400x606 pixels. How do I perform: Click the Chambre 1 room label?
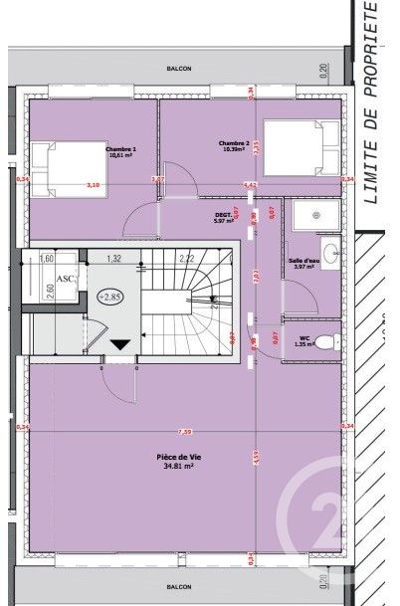coord(120,151)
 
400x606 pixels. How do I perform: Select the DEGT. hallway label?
coord(223,218)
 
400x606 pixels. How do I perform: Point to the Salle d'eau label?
coord(301,263)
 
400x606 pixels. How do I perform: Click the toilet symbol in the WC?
coord(334,341)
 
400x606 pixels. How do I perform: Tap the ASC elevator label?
coord(64,281)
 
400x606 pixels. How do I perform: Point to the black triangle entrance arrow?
coord(120,344)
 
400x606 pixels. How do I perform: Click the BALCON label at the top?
coord(180,71)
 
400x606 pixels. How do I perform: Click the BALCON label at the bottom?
coord(180,587)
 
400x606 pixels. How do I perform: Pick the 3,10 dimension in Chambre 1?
coord(94,185)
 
